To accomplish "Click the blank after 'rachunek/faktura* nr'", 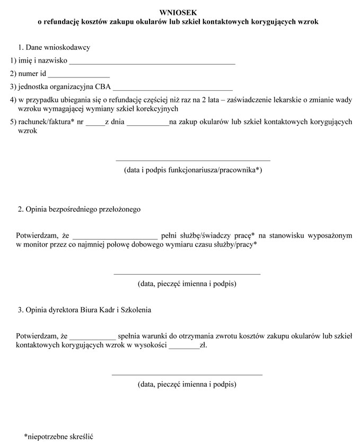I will coord(95,124).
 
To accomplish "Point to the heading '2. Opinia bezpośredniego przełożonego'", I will coord(79,210).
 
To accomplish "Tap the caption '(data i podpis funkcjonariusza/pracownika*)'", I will coord(193,170).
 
